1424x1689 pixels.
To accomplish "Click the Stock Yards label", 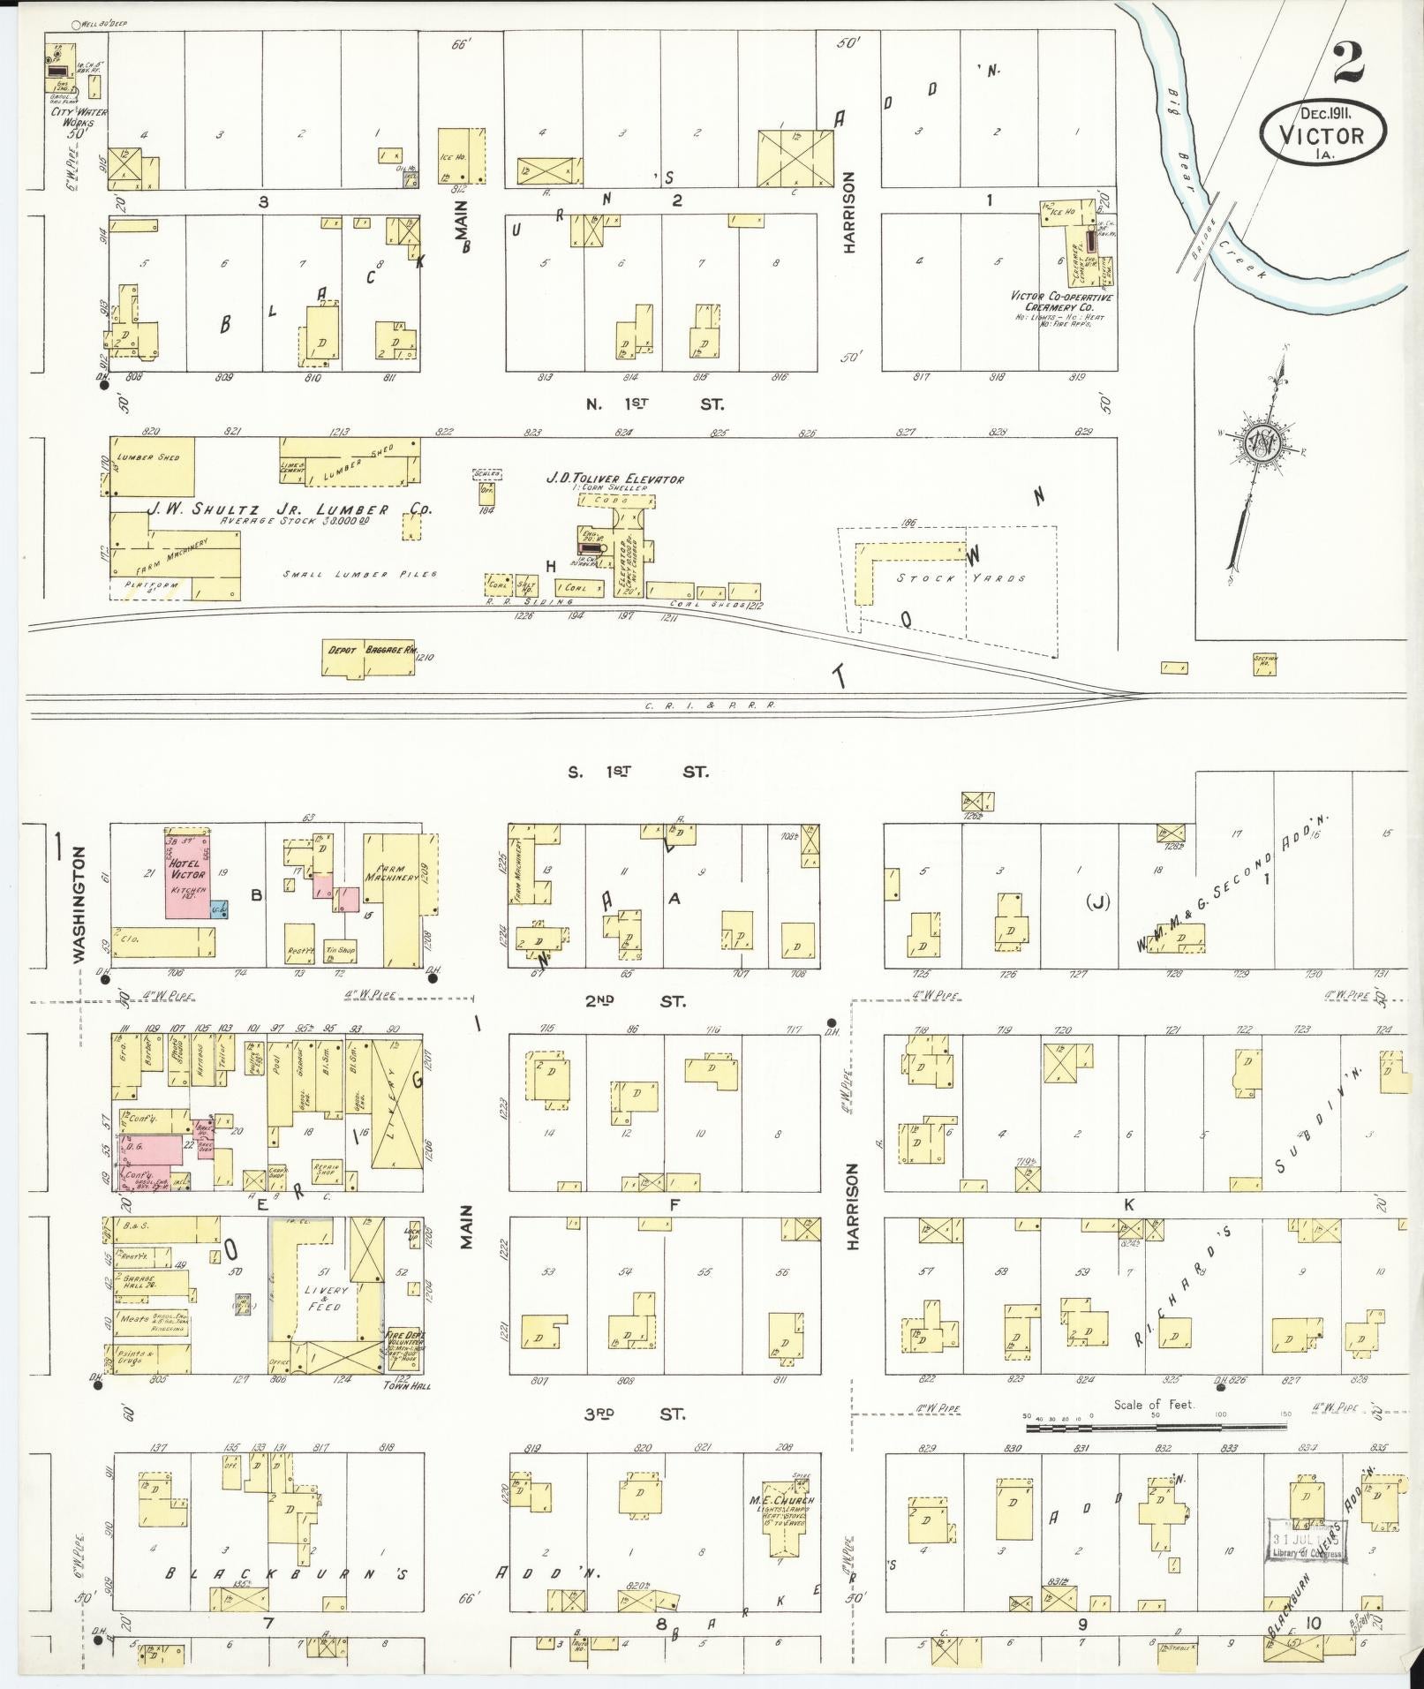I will pos(961,578).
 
